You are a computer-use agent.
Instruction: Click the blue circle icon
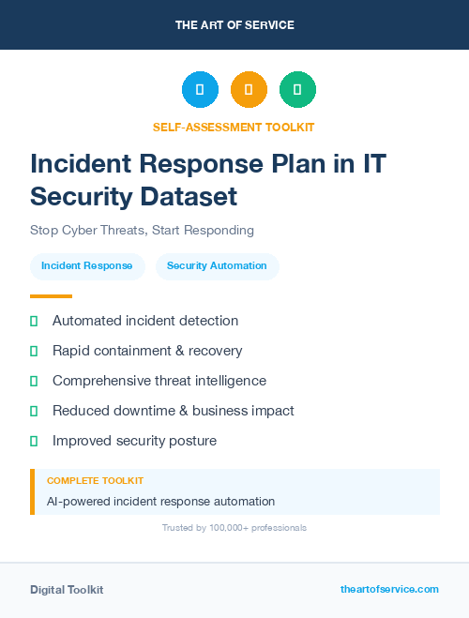[x=200, y=90]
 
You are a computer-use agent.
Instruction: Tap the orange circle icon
[x=249, y=90]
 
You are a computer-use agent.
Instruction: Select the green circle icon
[x=297, y=90]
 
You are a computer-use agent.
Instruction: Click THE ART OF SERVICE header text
[x=234, y=25]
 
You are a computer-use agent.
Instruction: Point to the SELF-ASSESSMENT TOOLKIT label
[x=234, y=127]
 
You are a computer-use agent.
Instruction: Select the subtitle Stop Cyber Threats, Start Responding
[x=142, y=230]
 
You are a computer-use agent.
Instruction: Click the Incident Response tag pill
[x=87, y=265]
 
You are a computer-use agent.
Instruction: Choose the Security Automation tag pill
[x=217, y=265]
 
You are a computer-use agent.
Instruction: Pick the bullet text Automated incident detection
[x=145, y=321]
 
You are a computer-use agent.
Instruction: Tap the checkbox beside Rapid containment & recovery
[x=34, y=351]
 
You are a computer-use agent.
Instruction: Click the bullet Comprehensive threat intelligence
[x=159, y=381]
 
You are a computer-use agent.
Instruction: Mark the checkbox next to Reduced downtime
[x=34, y=411]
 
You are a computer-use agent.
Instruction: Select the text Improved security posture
[x=134, y=441]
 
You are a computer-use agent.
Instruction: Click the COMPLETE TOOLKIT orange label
[x=89, y=480]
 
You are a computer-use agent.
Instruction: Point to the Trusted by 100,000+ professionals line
[x=234, y=528]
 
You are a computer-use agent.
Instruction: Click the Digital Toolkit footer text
[x=67, y=590]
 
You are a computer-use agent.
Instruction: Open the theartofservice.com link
[x=389, y=589]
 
